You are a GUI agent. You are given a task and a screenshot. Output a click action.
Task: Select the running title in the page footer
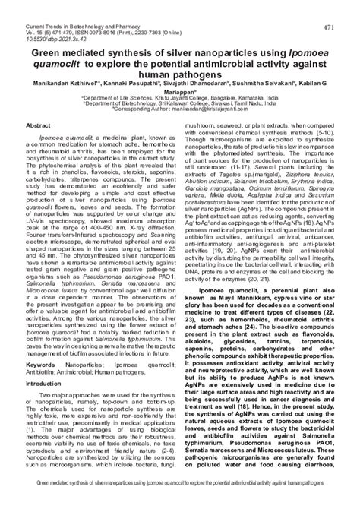coord(180,502)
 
